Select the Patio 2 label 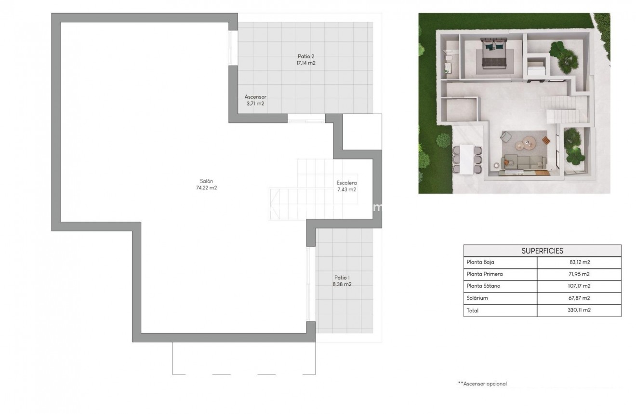pyautogui.click(x=306, y=56)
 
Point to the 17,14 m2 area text pyautogui.click(x=306, y=63)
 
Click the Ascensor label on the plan pyautogui.click(x=255, y=97)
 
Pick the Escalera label pyautogui.click(x=346, y=183)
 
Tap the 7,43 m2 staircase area pyautogui.click(x=346, y=189)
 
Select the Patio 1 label pyautogui.click(x=342, y=277)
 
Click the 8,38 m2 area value pyautogui.click(x=342, y=284)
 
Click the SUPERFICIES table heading pyautogui.click(x=542, y=251)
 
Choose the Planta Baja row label pyautogui.click(x=480, y=263)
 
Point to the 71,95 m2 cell pyautogui.click(x=579, y=274)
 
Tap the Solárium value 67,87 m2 pyautogui.click(x=579, y=298)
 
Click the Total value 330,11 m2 pyautogui.click(x=579, y=310)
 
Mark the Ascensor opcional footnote pyautogui.click(x=482, y=384)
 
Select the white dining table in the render pyautogui.click(x=466, y=159)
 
